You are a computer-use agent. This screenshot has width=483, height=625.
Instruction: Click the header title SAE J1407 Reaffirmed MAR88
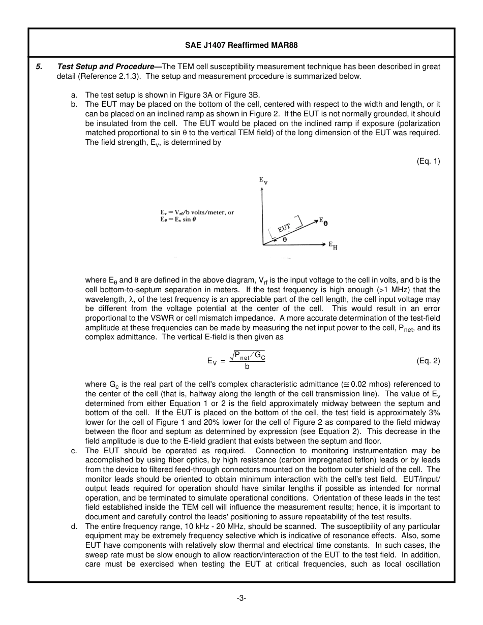click(241, 45)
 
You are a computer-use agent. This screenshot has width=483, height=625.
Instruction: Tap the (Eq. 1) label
click(428, 161)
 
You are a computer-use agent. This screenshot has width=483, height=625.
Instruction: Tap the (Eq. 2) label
click(428, 361)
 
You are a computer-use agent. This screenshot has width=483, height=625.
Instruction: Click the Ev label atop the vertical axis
click(263, 180)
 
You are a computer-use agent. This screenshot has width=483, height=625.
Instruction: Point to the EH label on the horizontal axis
click(333, 246)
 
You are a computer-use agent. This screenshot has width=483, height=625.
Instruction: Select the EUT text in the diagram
click(284, 228)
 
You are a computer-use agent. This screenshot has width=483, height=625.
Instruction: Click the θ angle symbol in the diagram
click(284, 239)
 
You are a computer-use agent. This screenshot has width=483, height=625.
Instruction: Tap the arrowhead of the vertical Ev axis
click(262, 190)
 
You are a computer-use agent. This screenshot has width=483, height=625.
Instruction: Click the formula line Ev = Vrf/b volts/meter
click(197, 213)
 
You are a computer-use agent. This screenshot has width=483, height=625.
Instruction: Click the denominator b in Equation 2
click(247, 366)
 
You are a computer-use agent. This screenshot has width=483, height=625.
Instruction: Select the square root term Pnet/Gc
click(248, 356)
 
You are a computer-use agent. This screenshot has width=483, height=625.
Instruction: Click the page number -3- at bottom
click(241, 598)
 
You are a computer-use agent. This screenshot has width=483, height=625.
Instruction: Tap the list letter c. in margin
click(74, 451)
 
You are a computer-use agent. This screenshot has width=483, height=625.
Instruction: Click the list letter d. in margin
click(74, 526)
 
